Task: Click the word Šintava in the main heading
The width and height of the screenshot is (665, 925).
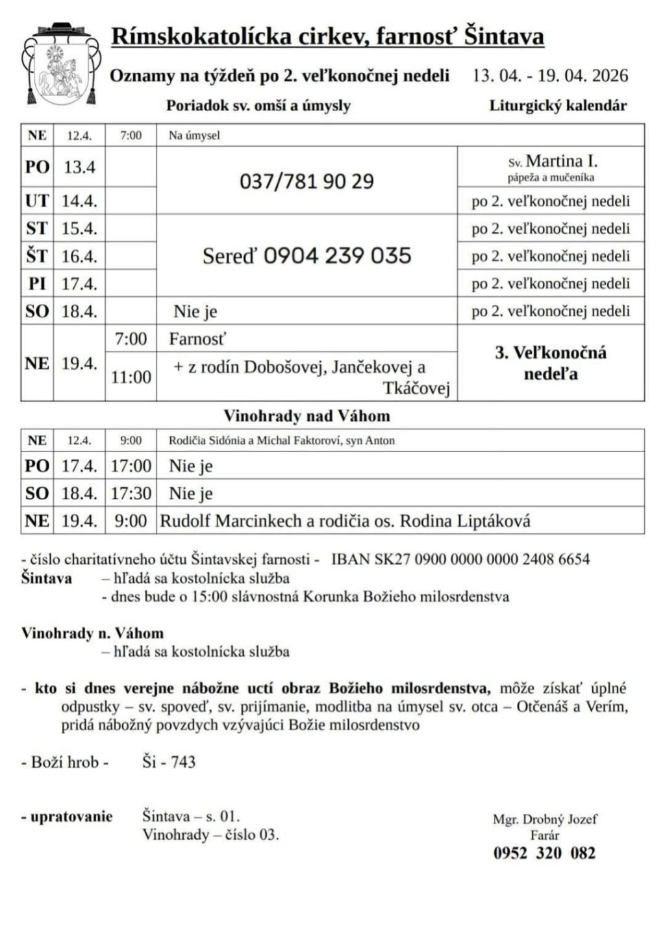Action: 505,36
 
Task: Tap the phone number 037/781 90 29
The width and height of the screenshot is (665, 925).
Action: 307,181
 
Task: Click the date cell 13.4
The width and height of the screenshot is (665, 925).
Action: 79,168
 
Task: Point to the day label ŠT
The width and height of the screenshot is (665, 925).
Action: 37,256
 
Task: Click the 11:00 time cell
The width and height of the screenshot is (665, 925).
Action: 131,377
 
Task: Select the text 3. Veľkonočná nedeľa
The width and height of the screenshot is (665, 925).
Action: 551,362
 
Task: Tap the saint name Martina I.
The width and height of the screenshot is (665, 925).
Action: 561,160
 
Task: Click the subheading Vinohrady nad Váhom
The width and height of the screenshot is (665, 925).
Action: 307,416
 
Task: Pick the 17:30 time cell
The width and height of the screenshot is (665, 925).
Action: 131,493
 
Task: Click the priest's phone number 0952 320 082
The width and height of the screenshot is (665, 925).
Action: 544,853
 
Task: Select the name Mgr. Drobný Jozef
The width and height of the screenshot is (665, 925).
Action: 545,819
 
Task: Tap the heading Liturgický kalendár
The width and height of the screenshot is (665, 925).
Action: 558,105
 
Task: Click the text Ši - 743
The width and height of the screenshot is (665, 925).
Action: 169,762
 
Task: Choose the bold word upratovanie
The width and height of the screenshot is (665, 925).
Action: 71,817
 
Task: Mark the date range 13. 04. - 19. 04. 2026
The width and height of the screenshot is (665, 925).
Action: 550,76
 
